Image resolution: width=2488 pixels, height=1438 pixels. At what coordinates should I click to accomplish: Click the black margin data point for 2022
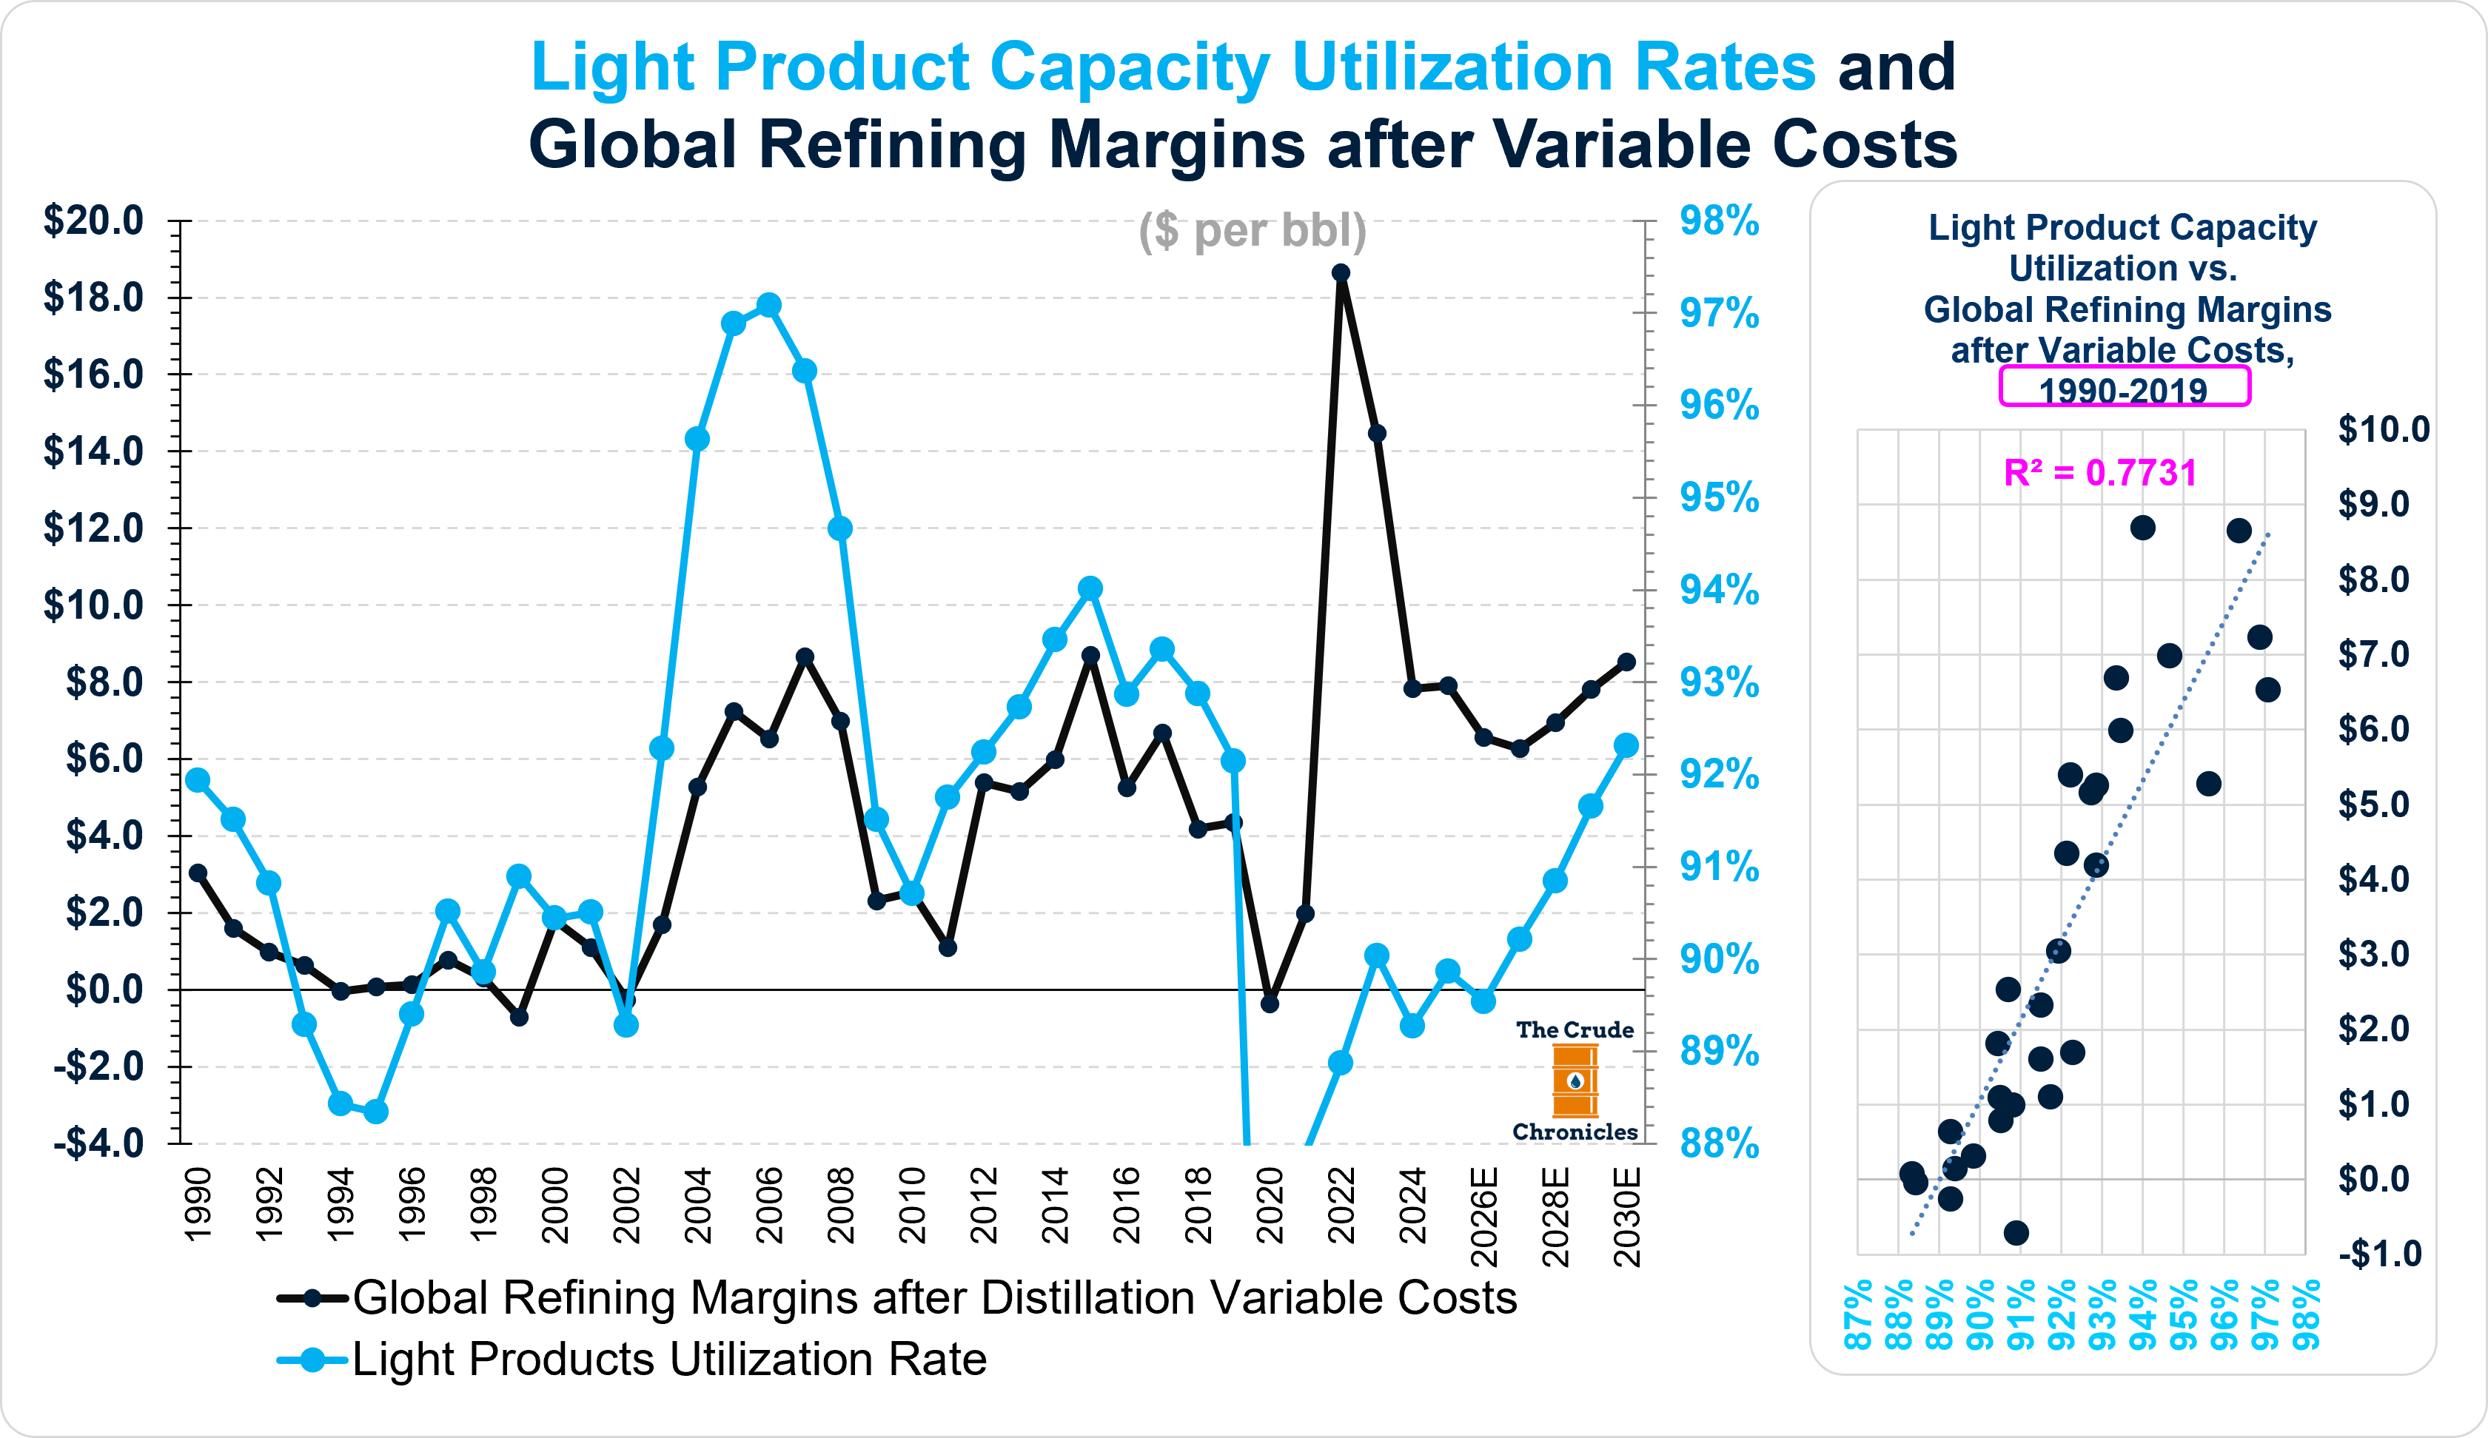(1341, 273)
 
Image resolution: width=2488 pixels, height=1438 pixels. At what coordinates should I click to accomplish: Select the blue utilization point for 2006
(769, 305)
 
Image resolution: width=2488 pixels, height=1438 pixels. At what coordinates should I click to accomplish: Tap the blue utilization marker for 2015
(1090, 588)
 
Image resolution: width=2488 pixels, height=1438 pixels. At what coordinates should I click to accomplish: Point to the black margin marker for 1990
(198, 873)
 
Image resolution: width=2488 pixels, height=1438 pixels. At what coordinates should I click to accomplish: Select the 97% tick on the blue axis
(1719, 314)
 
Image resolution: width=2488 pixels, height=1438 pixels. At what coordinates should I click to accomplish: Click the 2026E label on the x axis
(1484, 1216)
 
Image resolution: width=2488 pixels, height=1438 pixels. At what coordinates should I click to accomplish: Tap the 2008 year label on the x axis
(841, 1206)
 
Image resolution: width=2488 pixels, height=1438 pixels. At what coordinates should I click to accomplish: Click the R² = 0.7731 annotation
(2100, 473)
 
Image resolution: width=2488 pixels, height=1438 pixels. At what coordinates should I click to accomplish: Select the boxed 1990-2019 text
(2124, 389)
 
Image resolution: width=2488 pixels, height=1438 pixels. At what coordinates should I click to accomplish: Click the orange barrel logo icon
(1575, 1081)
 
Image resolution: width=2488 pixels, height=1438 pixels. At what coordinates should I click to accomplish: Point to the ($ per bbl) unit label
(1252, 231)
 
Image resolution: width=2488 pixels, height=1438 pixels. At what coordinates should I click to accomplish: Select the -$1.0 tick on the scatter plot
(2379, 1254)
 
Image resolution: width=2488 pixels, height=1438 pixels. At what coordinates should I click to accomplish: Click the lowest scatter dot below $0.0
(2016, 1233)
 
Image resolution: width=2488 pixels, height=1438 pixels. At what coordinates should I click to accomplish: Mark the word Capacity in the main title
(1128, 67)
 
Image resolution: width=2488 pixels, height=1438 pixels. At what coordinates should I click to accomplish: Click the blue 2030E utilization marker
(1626, 745)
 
